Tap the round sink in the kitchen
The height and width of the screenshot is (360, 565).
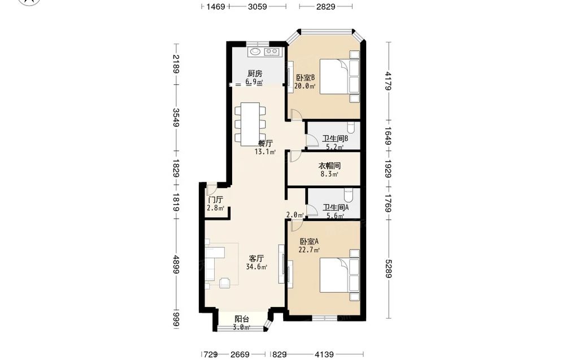click(x=255, y=51)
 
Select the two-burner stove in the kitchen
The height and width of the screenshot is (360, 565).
click(x=272, y=52)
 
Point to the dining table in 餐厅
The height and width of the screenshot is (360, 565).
click(x=250, y=124)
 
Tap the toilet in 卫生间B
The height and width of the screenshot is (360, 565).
click(x=351, y=127)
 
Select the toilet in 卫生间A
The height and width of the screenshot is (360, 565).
click(x=349, y=194)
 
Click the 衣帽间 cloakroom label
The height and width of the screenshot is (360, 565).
click(x=329, y=166)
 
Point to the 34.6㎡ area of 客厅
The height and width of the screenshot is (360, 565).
click(x=257, y=267)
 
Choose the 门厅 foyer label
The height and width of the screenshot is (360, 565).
click(x=215, y=199)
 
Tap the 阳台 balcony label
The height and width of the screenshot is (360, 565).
click(x=242, y=319)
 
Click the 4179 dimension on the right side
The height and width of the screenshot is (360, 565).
click(x=388, y=81)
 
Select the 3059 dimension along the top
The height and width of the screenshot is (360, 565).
click(x=257, y=6)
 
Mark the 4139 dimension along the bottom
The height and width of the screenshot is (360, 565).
click(x=324, y=354)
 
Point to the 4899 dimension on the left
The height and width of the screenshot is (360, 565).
click(x=176, y=264)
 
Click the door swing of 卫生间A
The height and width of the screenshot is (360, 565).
click(x=312, y=210)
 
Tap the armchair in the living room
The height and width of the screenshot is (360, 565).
click(x=225, y=283)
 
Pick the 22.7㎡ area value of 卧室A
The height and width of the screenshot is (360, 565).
click(x=309, y=250)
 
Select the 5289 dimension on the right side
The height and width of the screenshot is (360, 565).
click(x=388, y=269)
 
